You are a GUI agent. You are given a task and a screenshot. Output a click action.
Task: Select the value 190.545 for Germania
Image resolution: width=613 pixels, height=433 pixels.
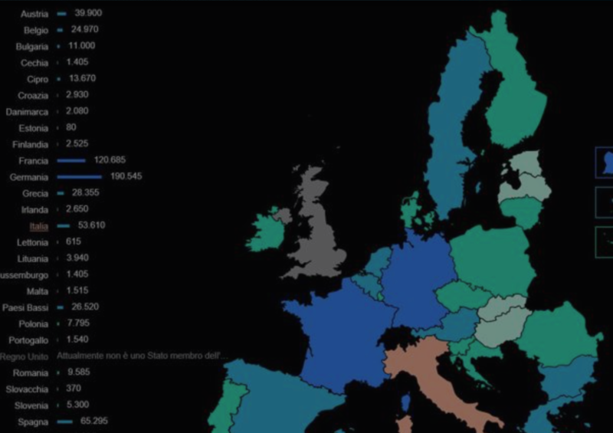coord(126,177)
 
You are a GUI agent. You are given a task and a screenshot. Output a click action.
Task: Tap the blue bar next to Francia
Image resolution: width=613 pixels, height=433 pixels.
coord(70,161)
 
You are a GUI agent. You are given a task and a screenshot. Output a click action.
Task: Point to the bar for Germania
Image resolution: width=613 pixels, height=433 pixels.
coord(79,177)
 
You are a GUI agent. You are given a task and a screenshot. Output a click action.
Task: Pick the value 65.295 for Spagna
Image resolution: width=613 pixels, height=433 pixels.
coord(90,422)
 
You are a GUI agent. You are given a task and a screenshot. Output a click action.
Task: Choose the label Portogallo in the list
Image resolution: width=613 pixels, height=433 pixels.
coord(28,340)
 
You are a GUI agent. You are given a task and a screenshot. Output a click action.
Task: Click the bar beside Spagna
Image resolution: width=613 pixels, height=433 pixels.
coord(64,422)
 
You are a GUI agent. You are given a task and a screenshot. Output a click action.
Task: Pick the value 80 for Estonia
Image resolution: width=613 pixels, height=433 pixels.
coord(71,128)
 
